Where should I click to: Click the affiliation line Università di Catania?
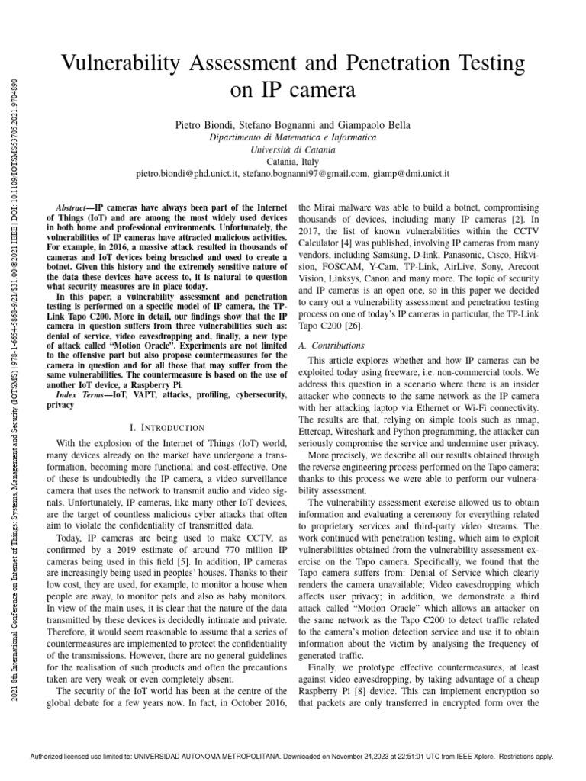coord(292,149)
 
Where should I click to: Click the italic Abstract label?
coord(75,208)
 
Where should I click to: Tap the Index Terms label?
coord(79,394)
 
